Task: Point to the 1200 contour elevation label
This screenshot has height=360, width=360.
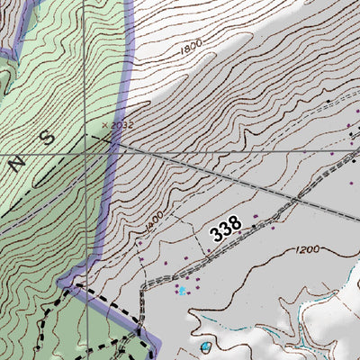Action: [307, 249]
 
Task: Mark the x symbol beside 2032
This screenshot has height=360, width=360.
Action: [105, 125]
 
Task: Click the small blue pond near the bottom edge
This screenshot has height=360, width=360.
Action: [207, 346]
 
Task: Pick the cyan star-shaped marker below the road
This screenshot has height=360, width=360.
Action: [182, 290]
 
